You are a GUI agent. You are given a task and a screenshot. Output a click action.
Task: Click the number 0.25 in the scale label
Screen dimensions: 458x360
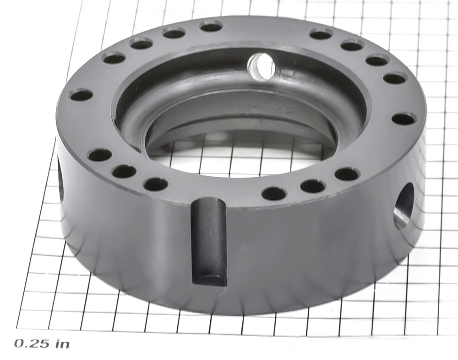click(x=32, y=344)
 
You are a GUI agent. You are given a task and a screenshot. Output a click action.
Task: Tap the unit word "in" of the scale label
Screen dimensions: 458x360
click(x=62, y=344)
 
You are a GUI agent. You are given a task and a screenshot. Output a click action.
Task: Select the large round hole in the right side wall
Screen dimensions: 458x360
click(x=404, y=206)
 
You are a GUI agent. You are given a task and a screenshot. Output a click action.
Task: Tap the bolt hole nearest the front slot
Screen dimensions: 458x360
click(x=156, y=185)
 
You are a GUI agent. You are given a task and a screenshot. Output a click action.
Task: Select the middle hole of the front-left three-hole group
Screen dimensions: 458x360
click(x=125, y=171)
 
